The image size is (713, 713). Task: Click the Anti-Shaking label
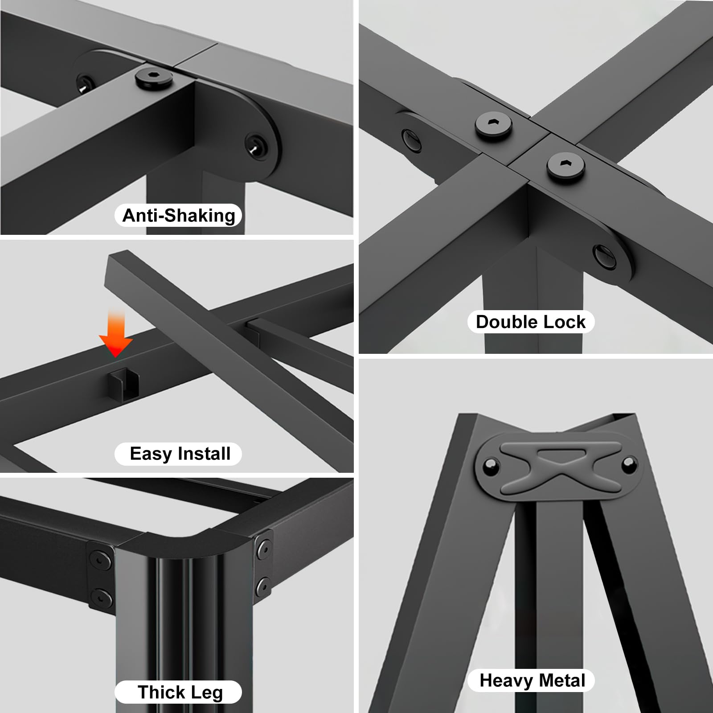tap(179, 216)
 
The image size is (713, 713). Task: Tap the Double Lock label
tap(531, 322)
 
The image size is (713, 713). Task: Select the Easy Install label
tap(180, 454)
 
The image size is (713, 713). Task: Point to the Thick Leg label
tap(180, 692)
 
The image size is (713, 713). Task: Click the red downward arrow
tap(115, 334)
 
